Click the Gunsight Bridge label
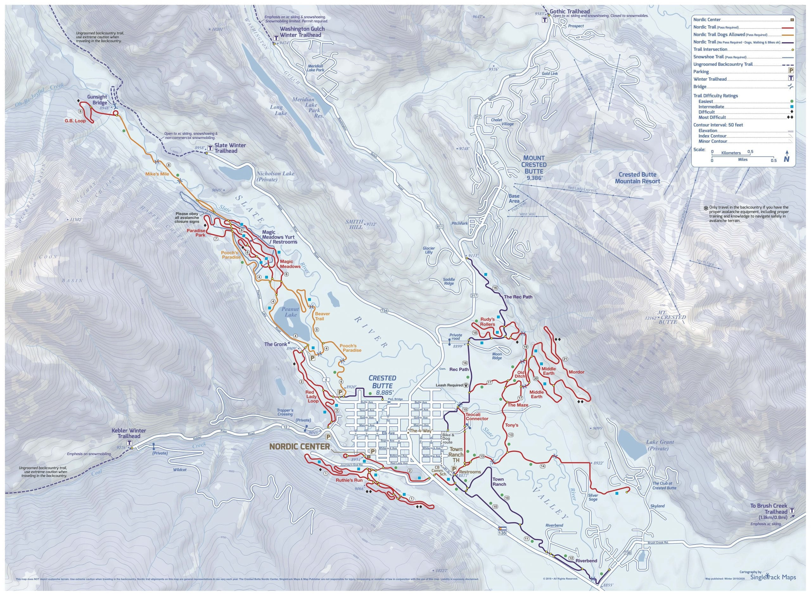coord(97,100)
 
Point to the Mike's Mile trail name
coord(157,174)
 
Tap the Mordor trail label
coord(576,372)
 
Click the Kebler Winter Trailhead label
coord(129,433)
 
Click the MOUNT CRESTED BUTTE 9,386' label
coord(533,167)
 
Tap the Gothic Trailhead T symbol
coord(545,20)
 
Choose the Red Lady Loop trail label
coord(312,397)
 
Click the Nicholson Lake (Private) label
coord(275,176)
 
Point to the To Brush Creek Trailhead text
coord(769,509)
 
